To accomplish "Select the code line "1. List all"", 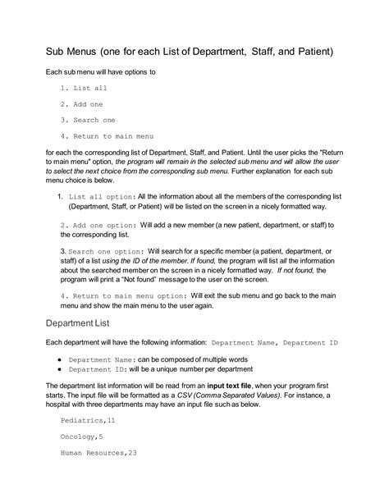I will click(84, 89).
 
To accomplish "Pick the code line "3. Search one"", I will click(88, 120).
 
